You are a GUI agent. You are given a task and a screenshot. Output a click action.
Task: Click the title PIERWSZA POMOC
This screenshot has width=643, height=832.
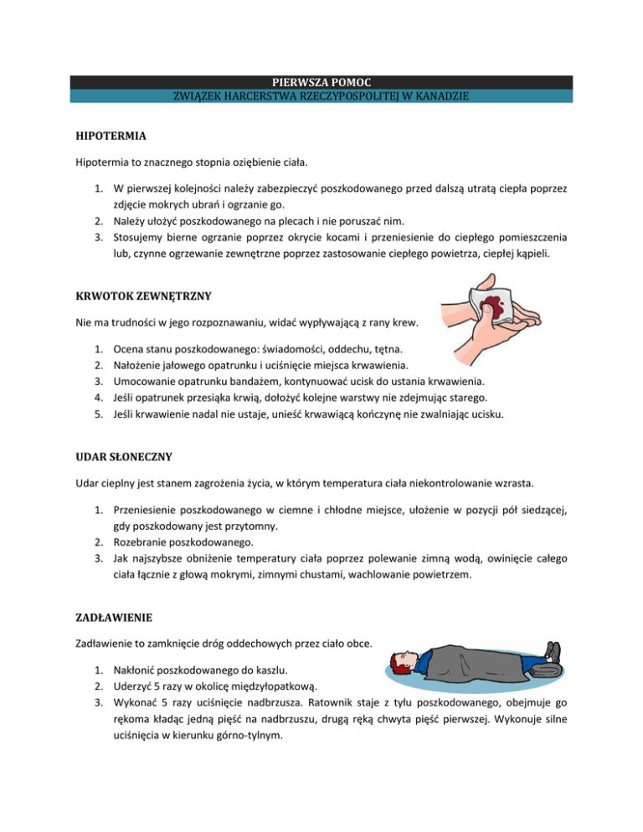pos(321,82)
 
